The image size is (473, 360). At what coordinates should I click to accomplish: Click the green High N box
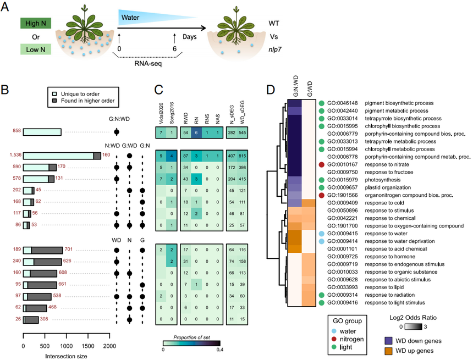(x=35, y=25)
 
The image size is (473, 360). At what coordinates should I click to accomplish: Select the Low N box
(x=35, y=50)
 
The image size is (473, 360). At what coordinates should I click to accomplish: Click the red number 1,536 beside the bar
(x=12, y=156)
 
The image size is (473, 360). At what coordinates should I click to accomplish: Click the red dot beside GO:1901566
(x=320, y=195)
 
